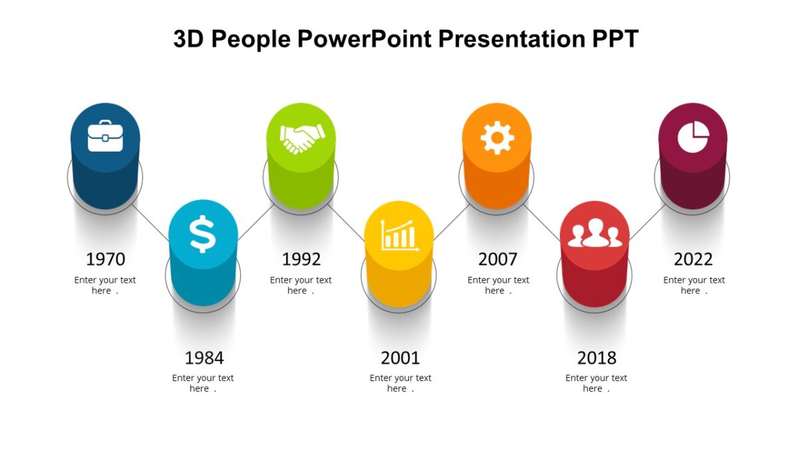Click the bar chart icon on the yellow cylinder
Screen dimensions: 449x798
point(399,235)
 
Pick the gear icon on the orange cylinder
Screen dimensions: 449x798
point(497,138)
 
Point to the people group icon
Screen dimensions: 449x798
point(595,235)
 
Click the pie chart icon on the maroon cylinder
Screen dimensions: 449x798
point(693,138)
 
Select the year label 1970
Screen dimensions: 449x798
point(105,259)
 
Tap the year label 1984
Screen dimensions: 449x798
point(203,358)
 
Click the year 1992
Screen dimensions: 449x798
point(301,259)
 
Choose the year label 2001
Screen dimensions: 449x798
point(400,358)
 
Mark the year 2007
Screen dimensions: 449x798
point(497,259)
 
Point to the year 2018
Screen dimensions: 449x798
point(597,358)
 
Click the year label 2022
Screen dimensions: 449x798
point(693,259)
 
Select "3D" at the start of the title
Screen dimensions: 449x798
point(188,39)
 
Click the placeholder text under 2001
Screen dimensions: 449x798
point(400,383)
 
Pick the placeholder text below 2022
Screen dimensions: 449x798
point(694,285)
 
